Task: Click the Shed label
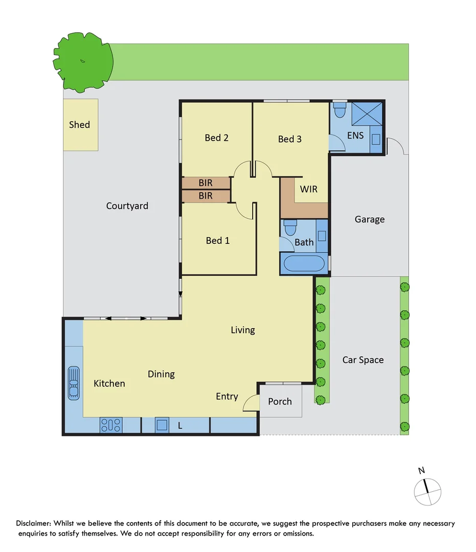click(x=79, y=125)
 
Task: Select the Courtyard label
click(x=127, y=206)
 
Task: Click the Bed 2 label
click(x=216, y=137)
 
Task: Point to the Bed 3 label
click(x=290, y=139)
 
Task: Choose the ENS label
click(x=355, y=135)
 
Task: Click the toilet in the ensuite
click(x=340, y=110)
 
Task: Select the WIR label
click(x=308, y=189)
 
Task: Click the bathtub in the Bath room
click(x=304, y=264)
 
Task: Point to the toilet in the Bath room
click(x=290, y=227)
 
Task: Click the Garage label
click(x=369, y=219)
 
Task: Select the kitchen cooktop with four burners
click(x=110, y=425)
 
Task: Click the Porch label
click(x=280, y=402)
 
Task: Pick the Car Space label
click(x=362, y=360)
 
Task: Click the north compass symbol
click(x=427, y=491)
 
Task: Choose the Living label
click(x=242, y=330)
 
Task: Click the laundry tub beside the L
click(x=162, y=425)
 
